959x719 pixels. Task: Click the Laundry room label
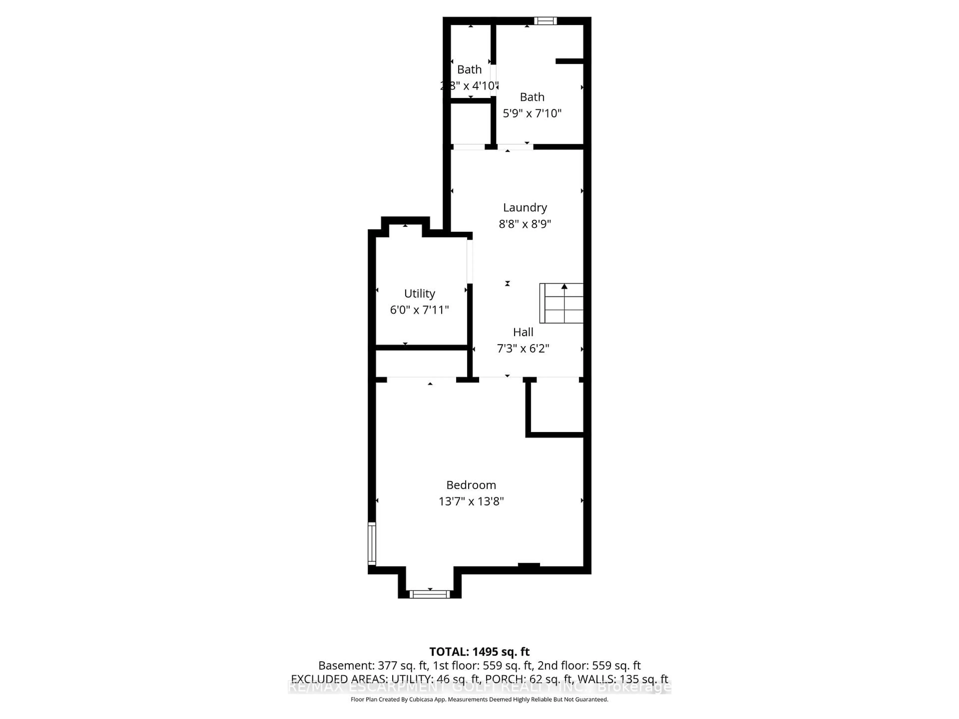(525, 208)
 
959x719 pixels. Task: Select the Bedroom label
(471, 485)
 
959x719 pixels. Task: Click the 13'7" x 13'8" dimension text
(471, 502)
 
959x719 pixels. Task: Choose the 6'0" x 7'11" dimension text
(419, 310)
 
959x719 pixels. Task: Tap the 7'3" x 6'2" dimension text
(523, 349)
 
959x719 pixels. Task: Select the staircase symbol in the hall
(561, 303)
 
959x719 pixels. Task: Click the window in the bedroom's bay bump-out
(430, 594)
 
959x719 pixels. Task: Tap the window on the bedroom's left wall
(372, 543)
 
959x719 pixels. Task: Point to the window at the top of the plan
(545, 21)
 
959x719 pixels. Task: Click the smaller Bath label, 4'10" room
(469, 70)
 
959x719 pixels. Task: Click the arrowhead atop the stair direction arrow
(564, 286)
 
